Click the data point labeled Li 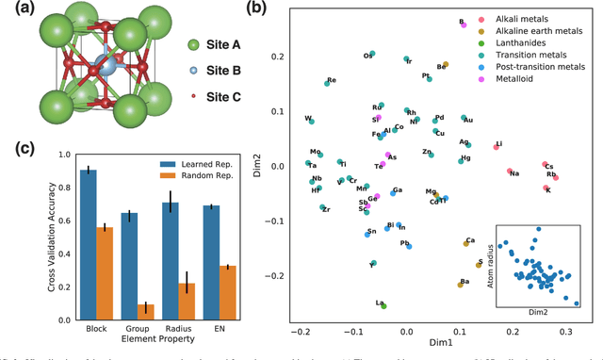coord(497,147)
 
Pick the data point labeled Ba coord(462,283)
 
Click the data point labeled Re coord(327,83)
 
